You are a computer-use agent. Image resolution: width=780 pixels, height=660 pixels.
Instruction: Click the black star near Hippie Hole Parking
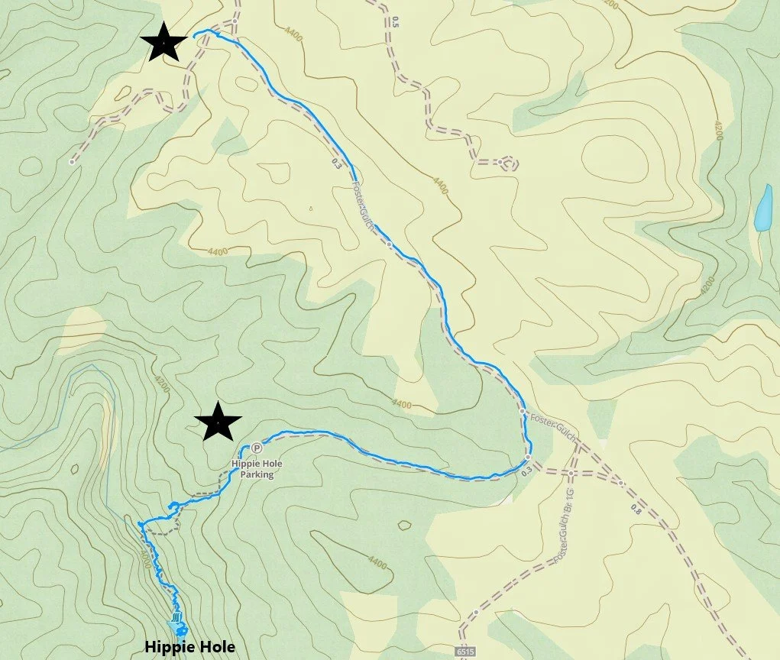tap(218, 422)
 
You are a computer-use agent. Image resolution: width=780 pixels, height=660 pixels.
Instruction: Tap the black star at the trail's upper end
tap(163, 42)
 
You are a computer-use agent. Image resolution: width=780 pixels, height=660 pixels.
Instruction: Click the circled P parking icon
tap(257, 448)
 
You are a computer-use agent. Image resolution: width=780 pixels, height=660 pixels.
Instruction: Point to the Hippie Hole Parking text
tap(253, 468)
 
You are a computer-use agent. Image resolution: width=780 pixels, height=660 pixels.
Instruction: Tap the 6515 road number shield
tap(464, 652)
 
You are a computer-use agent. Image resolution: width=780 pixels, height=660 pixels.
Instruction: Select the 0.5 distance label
tap(395, 21)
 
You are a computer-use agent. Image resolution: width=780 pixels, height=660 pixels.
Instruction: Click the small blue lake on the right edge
tap(762, 208)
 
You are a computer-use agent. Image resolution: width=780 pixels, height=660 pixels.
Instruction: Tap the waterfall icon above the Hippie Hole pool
tap(177, 617)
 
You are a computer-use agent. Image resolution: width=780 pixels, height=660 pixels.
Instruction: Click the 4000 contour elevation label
tap(146, 546)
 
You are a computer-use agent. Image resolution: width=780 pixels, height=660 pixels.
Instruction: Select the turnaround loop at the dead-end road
tap(506, 163)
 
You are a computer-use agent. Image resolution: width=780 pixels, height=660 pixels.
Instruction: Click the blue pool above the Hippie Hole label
tap(179, 629)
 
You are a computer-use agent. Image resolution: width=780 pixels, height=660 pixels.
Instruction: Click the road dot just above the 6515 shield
tap(476, 612)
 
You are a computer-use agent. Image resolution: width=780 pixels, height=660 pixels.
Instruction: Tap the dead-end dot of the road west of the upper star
tap(72, 162)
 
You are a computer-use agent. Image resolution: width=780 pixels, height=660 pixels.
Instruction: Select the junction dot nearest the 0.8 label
tap(621, 484)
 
